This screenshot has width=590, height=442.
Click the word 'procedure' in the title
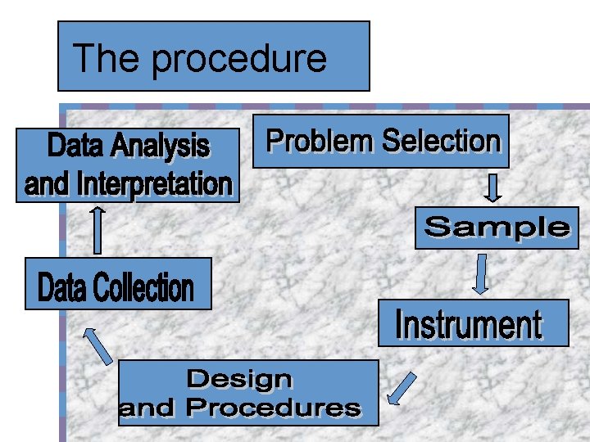(239, 59)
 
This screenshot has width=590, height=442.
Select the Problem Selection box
(381, 142)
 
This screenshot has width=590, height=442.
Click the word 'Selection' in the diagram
(440, 142)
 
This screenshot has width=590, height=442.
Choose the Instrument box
(472, 324)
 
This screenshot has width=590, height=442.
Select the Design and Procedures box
(248, 393)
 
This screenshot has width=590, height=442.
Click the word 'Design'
(239, 379)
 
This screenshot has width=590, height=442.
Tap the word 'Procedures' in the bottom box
(273, 408)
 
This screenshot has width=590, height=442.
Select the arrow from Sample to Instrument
(482, 274)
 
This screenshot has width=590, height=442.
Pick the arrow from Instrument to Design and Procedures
(402, 389)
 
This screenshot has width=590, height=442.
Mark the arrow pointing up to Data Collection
(99, 345)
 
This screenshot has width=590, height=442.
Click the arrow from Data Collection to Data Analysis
(98, 230)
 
